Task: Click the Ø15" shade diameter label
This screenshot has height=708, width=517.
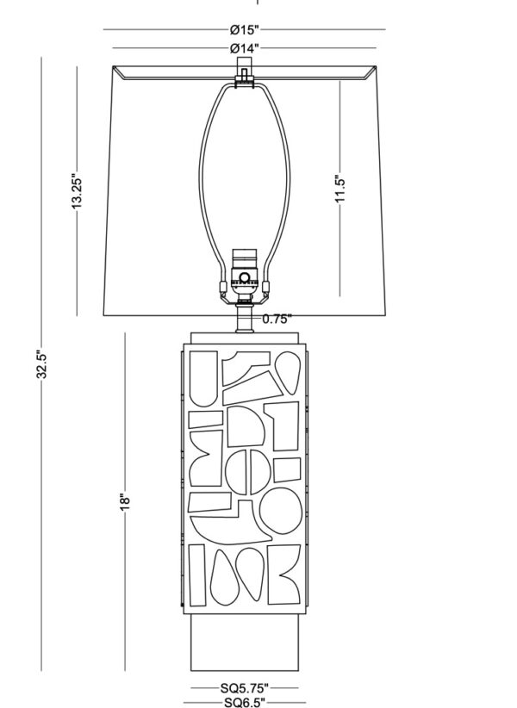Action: coord(244,30)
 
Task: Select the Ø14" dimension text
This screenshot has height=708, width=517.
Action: coord(244,48)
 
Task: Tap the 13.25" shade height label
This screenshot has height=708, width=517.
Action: coord(77,191)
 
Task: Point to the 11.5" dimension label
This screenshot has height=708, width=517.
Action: coord(340,189)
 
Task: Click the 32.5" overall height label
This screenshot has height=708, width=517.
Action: coord(41,364)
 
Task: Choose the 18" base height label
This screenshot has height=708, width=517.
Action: coord(125,502)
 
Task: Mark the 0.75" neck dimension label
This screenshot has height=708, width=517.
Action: coord(277,320)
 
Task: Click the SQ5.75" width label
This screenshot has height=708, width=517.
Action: coord(244,688)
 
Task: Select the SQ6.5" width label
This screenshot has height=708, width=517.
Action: coord(244,703)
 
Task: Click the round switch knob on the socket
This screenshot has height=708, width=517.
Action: coord(244,277)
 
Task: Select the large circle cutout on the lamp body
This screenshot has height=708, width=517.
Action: coord(280,511)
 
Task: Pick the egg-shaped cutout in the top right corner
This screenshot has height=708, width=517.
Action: coord(288,373)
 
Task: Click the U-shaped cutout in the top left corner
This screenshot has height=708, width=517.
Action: coord(203,379)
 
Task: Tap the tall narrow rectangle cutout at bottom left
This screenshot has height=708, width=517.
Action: coord(196,574)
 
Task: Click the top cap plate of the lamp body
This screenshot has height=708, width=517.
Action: coord(244,338)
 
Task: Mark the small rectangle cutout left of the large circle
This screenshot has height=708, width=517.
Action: coord(210,501)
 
